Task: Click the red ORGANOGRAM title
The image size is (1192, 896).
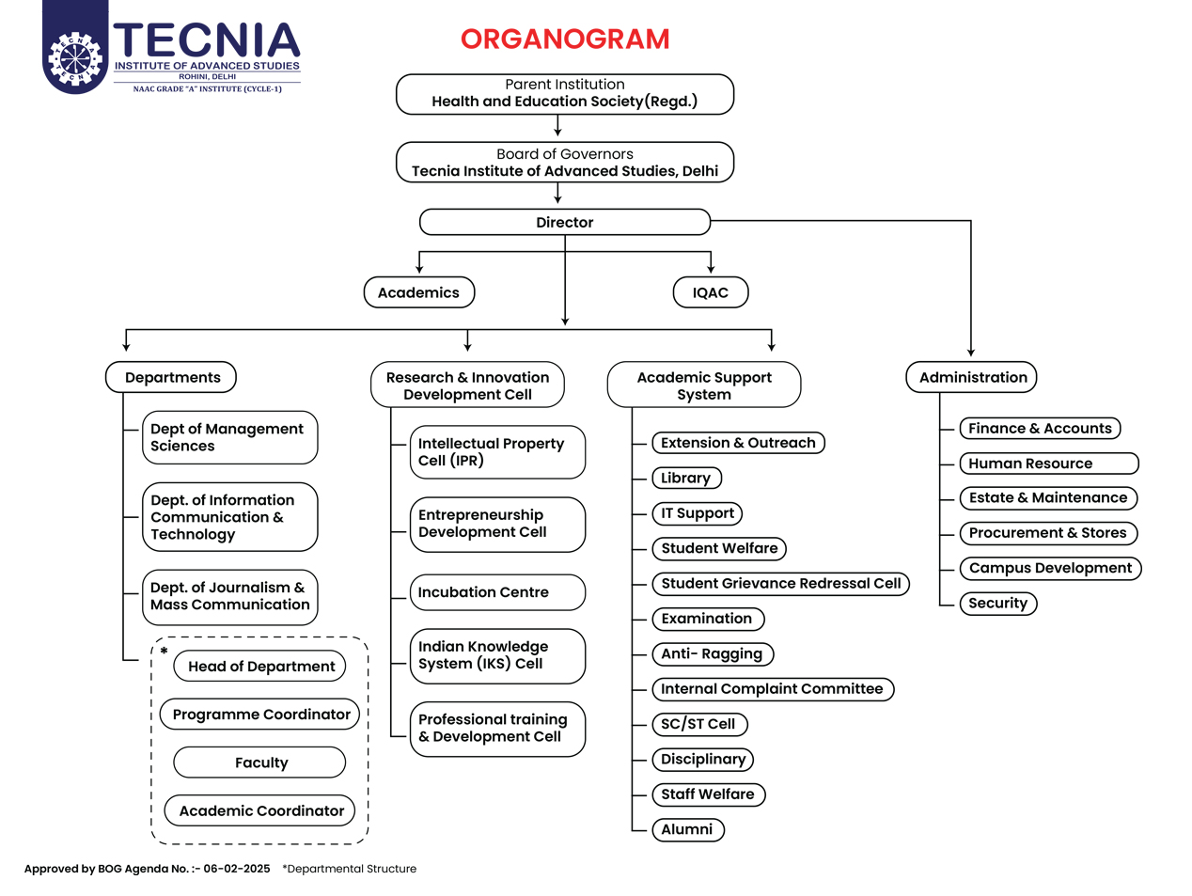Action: pos(565,39)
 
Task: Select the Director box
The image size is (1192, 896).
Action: pos(565,222)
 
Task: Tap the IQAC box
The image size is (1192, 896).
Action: pos(711,292)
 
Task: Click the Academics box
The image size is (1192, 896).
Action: pos(418,292)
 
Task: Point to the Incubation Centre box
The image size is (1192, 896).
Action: pos(497,592)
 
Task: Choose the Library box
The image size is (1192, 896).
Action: pos(686,479)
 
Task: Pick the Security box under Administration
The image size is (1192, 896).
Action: pos(998,604)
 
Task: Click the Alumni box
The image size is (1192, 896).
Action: pos(687,830)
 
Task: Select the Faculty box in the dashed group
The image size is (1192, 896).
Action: pos(259,762)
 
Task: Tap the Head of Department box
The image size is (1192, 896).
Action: pos(259,667)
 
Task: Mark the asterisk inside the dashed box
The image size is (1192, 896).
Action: pos(164,652)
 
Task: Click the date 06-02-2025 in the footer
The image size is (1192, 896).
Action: pos(237,869)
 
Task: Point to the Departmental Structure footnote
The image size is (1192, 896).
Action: pos(349,869)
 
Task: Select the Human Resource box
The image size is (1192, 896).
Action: pos(1049,464)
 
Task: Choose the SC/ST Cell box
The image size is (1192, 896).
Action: pos(699,724)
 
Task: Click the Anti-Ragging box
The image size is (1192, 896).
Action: pos(713,653)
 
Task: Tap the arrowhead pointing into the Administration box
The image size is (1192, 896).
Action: pos(971,353)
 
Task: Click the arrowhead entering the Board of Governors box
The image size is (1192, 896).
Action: pos(557,133)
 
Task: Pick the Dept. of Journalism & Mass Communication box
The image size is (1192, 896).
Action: pos(229,597)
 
